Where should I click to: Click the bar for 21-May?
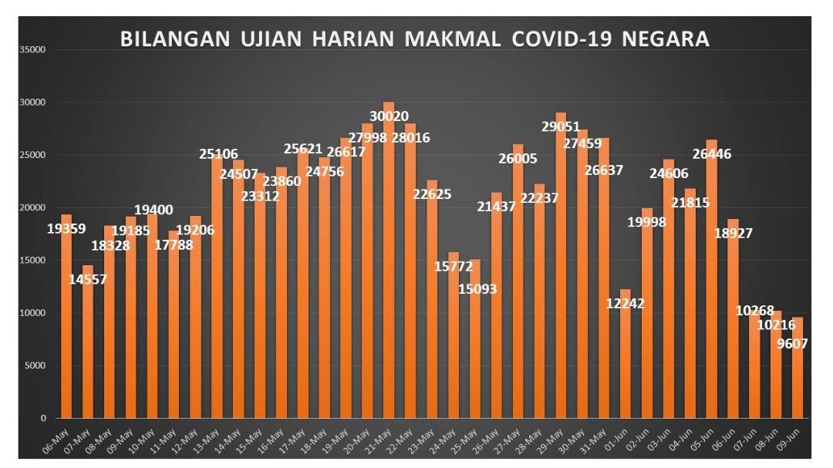(x=389, y=262)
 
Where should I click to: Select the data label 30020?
(x=389, y=116)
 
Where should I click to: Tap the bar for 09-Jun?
(x=798, y=370)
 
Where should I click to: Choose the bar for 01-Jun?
(x=626, y=355)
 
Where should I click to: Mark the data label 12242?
(x=626, y=303)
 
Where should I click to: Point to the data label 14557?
(x=87, y=279)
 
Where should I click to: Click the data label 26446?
(x=712, y=154)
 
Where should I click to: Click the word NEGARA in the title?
(x=669, y=39)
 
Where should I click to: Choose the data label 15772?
(x=454, y=266)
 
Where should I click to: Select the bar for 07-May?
(x=88, y=343)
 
